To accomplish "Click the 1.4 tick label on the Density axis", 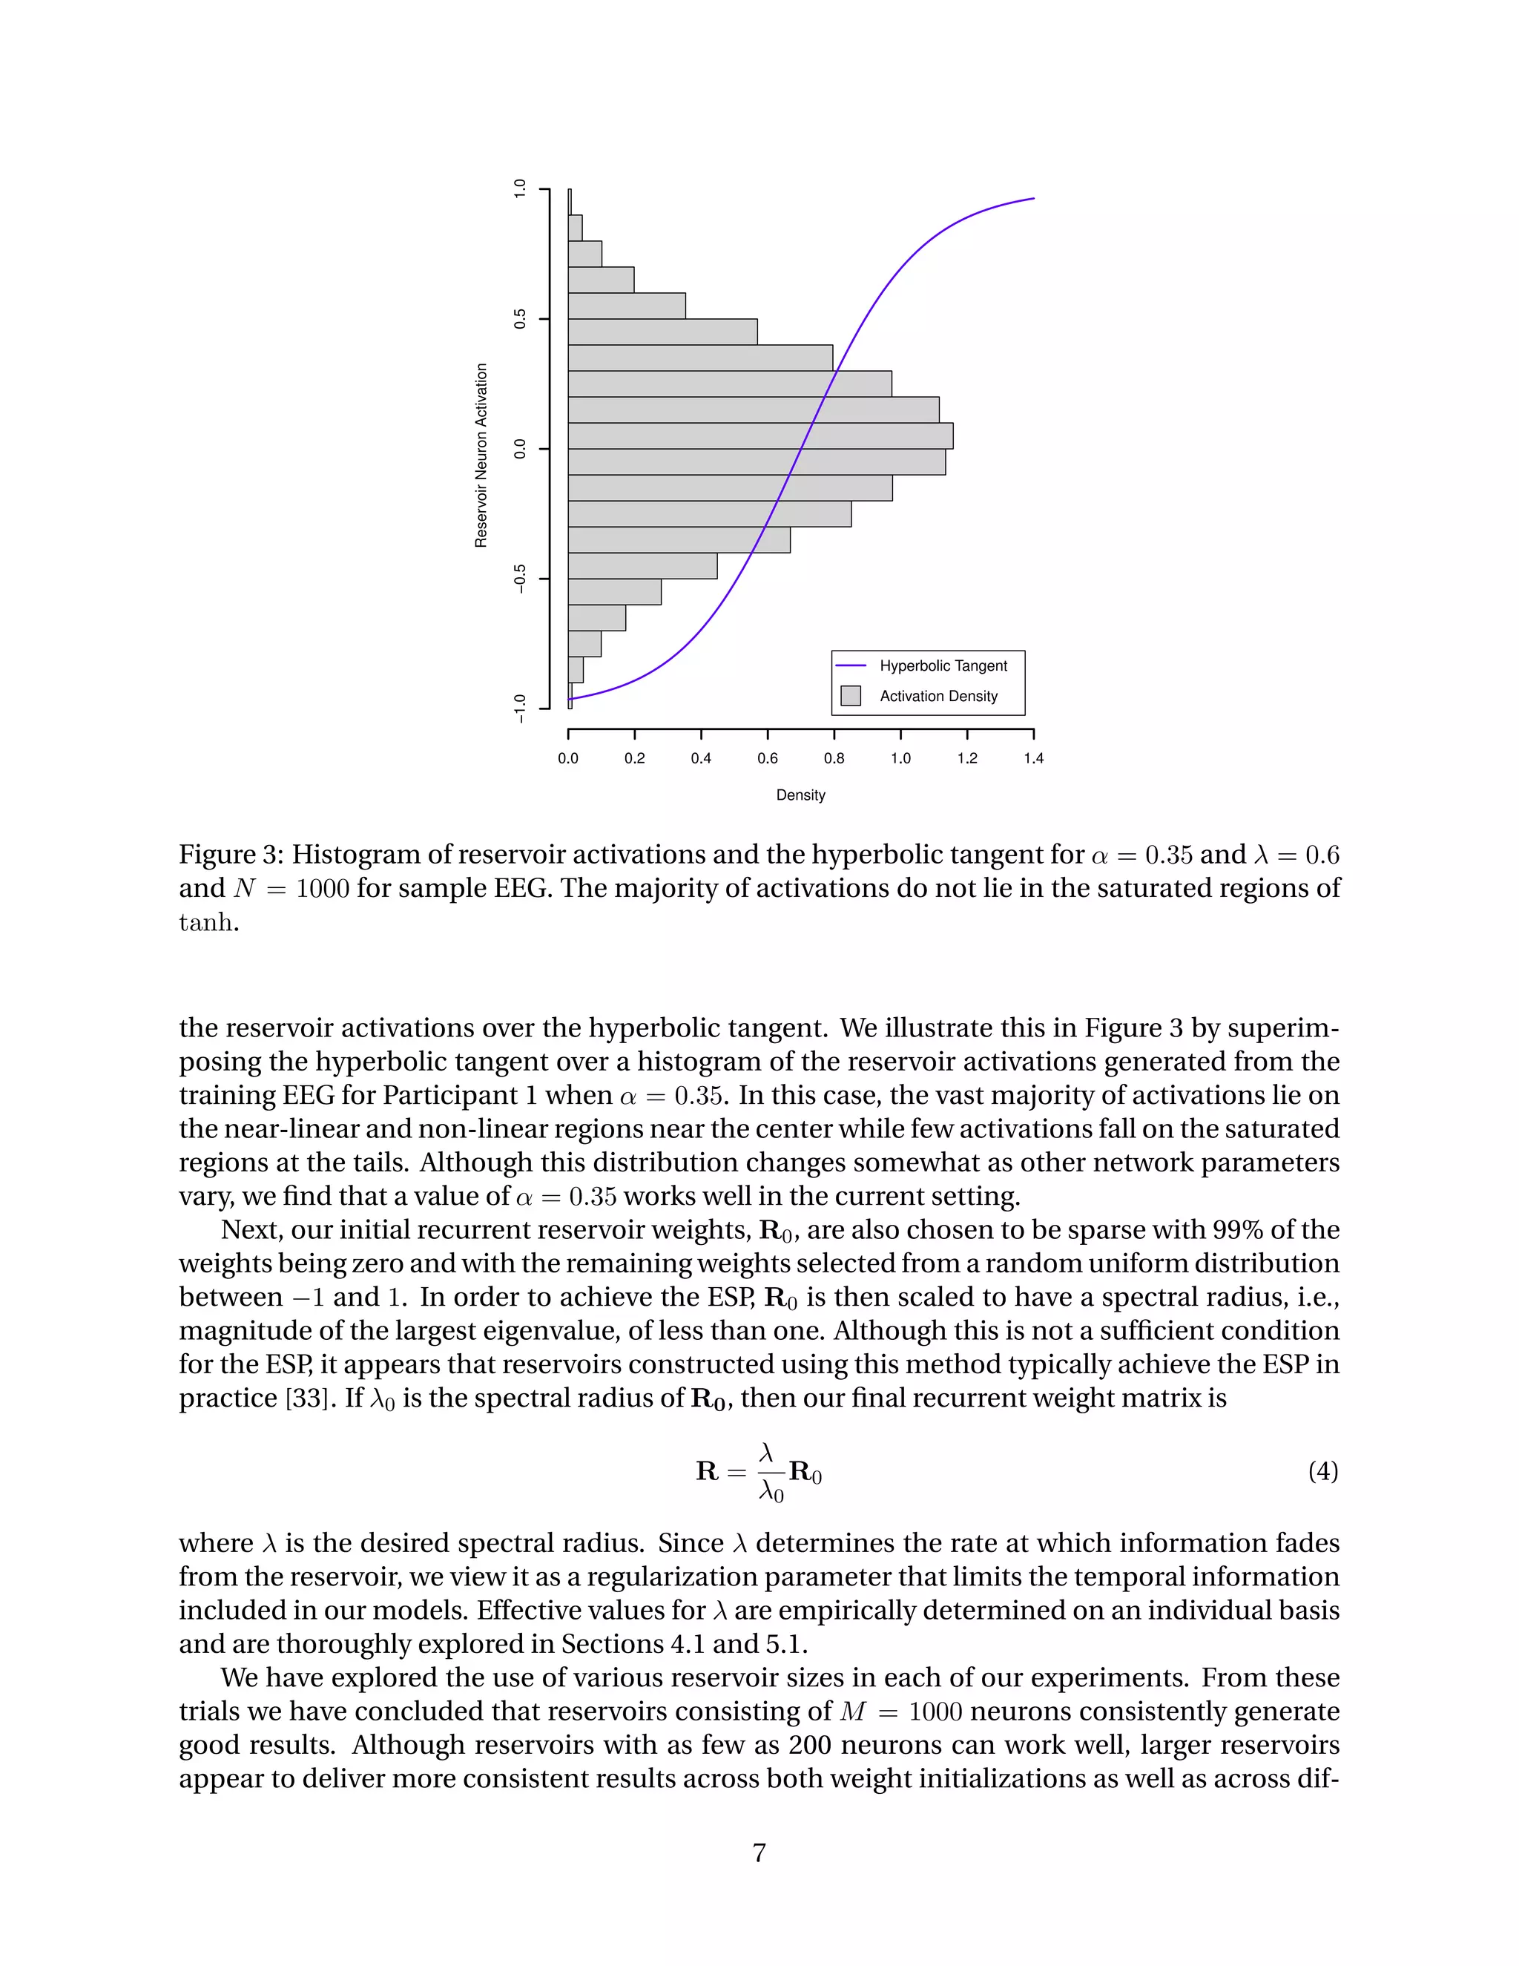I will (x=1033, y=758).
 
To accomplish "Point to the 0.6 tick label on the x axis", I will (x=767, y=758).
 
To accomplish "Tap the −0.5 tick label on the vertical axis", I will (x=519, y=579).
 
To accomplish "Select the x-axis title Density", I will (x=800, y=795).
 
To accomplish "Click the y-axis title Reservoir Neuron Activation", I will (x=481, y=455).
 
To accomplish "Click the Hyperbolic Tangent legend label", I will (x=943, y=665).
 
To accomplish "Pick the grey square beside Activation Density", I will (x=851, y=696).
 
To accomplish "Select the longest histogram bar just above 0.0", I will (x=760, y=435).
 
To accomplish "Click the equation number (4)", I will (x=1322, y=1471).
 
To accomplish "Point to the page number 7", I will (x=759, y=1852).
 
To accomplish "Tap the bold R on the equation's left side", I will (x=706, y=1471).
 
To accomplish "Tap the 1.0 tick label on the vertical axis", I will (x=519, y=189).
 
